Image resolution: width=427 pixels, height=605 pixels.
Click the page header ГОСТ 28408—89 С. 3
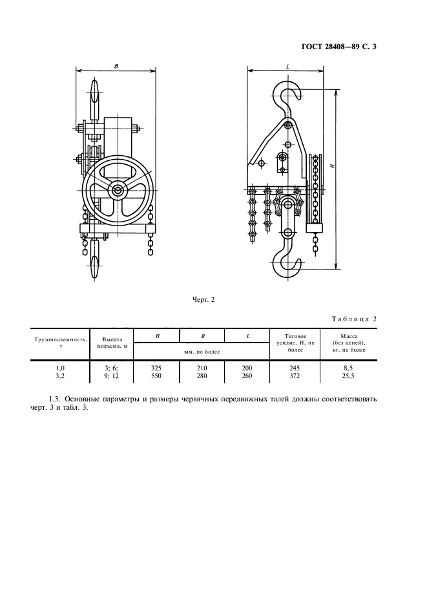pos(338,47)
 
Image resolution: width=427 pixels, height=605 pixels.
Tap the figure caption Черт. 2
pos(203,300)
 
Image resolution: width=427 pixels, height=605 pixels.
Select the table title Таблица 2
pos(354,319)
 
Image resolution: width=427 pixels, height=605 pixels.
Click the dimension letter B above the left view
pos(116,66)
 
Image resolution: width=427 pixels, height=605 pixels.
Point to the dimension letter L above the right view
pos(288,67)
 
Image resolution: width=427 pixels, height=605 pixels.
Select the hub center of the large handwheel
pos(118,190)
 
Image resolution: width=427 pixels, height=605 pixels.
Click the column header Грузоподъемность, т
pos(61,343)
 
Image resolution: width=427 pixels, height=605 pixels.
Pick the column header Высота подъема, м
pos(112,343)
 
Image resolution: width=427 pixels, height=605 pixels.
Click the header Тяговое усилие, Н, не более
pos(295,343)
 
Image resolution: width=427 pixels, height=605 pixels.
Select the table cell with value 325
pos(156,368)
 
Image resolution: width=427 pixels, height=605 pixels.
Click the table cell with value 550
pos(156,376)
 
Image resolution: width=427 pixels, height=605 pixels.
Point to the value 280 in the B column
pos(202,376)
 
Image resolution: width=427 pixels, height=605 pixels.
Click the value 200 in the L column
pos(247,368)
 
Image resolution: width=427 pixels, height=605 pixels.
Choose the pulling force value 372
pos(295,376)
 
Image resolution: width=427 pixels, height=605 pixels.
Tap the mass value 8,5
pos(348,368)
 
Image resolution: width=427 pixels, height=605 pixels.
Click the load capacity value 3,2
pos(60,376)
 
